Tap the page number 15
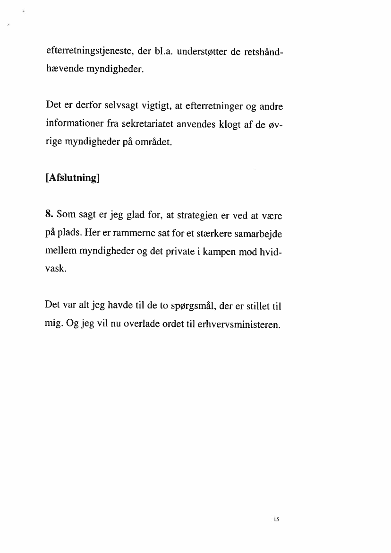pyautogui.click(x=276, y=519)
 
